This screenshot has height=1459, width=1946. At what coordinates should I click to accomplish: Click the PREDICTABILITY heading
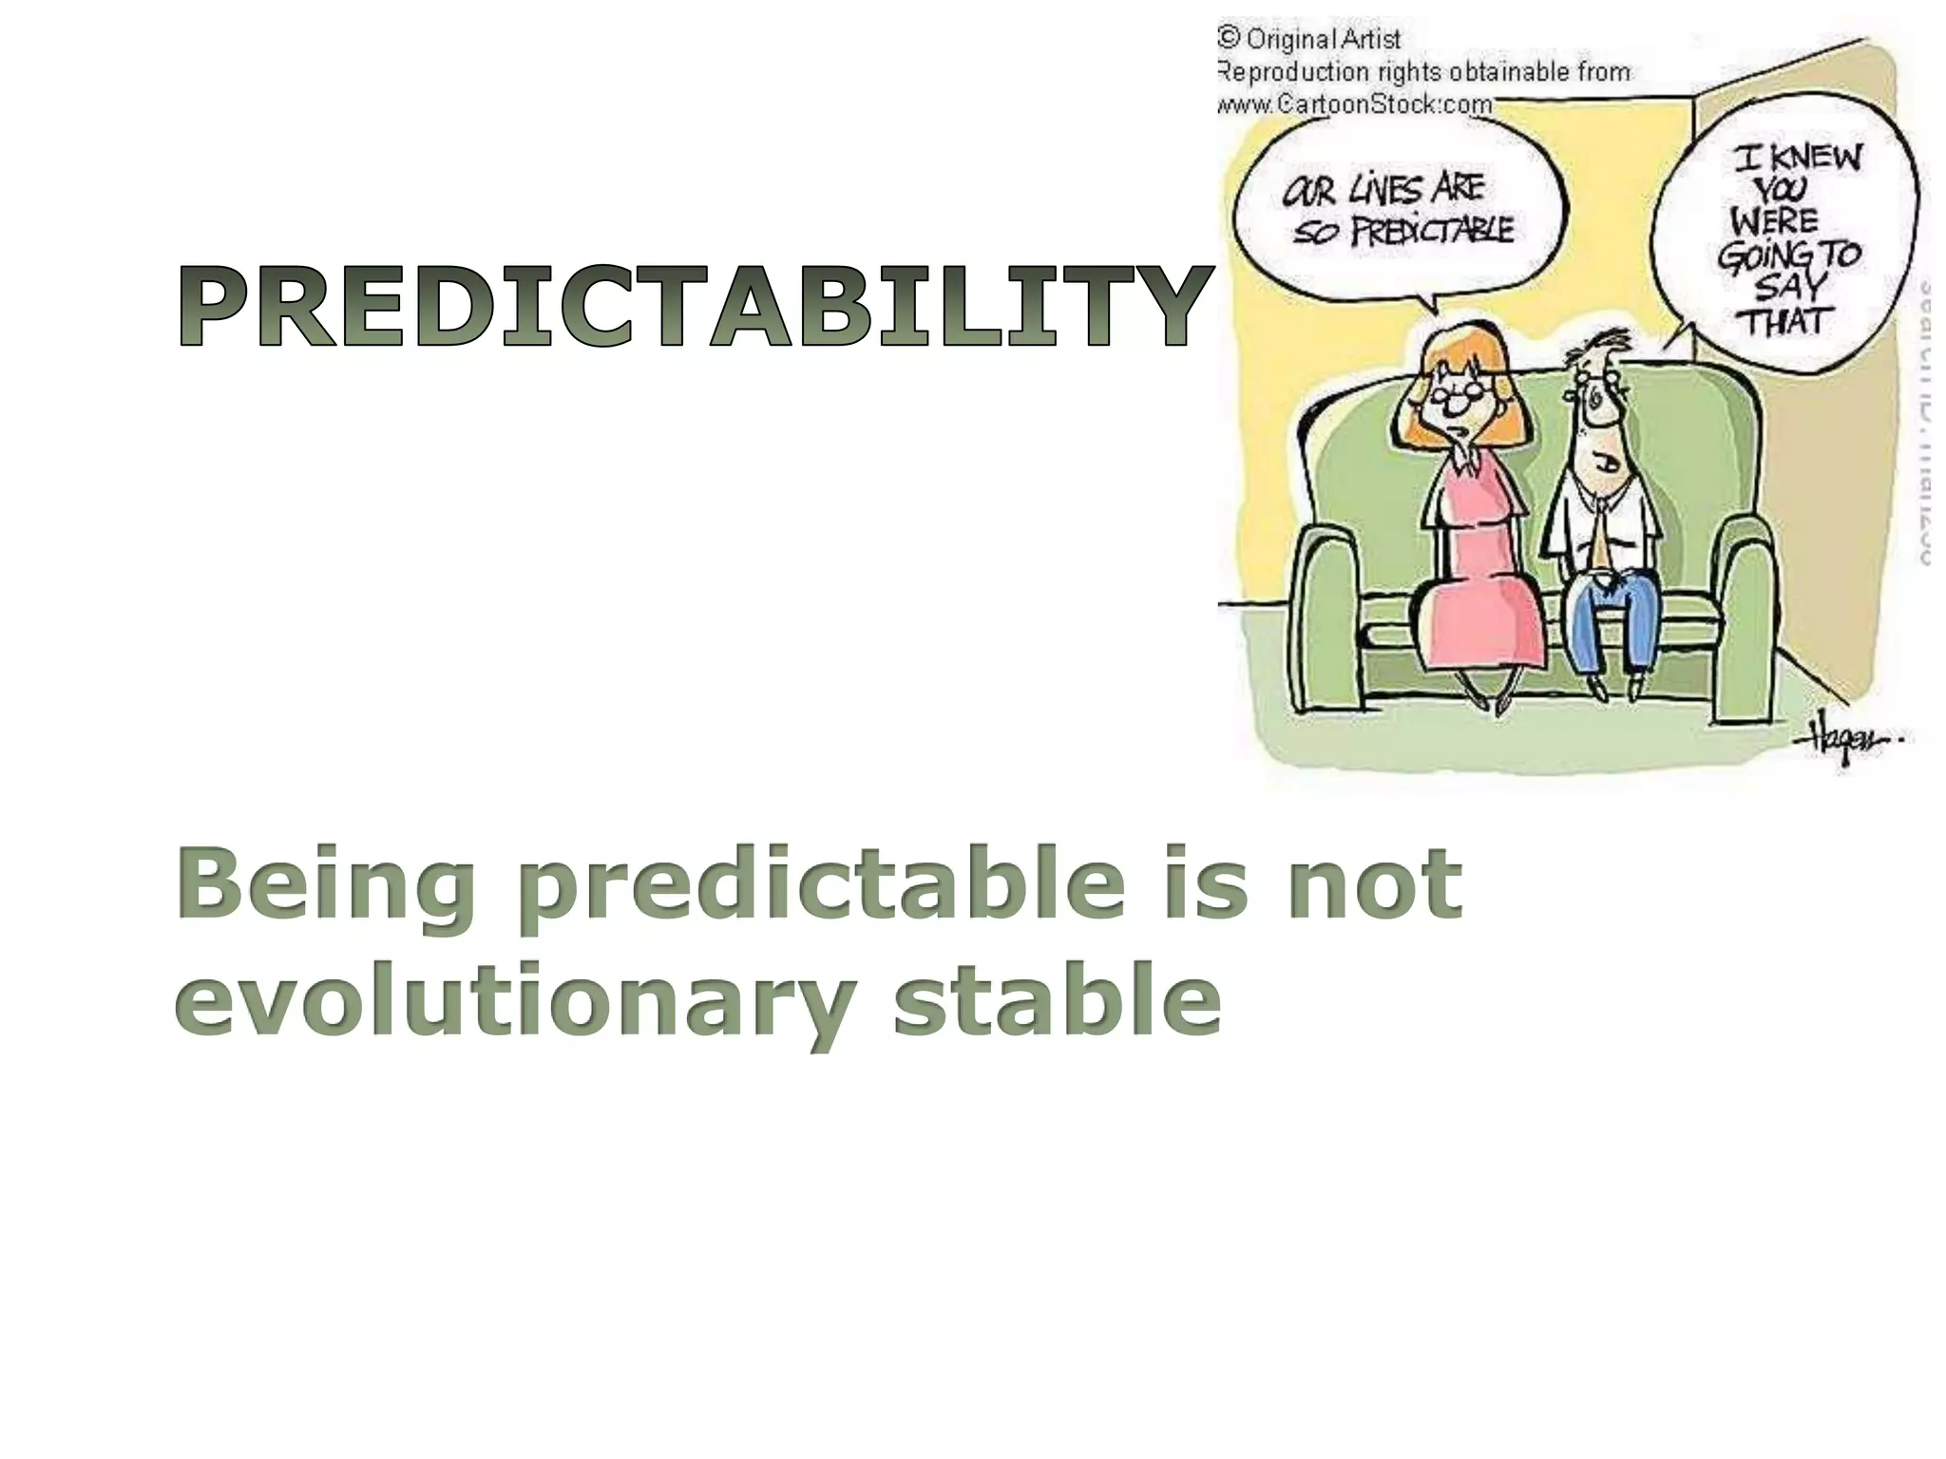point(694,306)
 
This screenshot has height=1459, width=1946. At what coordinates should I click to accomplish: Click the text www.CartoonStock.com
point(1354,104)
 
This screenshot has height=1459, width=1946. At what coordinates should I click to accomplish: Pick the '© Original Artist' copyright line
point(1311,39)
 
